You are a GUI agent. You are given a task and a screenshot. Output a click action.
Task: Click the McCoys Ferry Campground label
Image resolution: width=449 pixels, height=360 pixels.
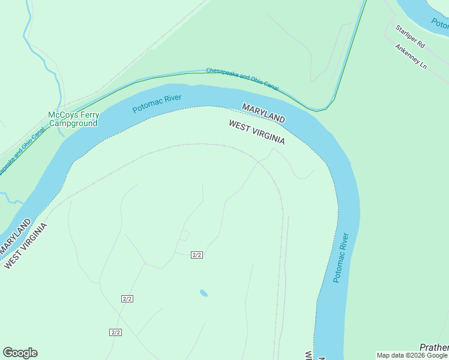point(73,119)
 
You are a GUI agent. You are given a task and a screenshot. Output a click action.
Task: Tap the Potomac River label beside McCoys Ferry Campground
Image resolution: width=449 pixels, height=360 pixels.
point(157,103)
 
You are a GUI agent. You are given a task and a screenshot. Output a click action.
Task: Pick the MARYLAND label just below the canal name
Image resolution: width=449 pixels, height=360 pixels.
point(263,113)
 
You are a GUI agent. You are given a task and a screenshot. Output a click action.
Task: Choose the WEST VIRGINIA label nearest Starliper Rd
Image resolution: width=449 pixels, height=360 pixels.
point(256,131)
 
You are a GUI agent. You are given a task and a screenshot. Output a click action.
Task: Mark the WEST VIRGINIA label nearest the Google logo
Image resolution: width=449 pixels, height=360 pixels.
point(25,247)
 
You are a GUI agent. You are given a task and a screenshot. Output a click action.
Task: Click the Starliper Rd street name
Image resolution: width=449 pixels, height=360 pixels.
point(410,36)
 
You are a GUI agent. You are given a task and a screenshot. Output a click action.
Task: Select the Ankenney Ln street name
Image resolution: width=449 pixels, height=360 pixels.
point(410,55)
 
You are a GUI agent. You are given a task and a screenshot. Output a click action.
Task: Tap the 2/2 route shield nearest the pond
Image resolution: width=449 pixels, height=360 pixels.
point(197,255)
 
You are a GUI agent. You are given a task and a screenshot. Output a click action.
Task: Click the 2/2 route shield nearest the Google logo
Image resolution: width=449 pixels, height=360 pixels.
point(116,332)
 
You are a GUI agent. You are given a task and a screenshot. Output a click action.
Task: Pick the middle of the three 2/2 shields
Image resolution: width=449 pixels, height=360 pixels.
point(127,298)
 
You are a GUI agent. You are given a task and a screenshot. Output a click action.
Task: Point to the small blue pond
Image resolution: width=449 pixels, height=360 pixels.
point(203,293)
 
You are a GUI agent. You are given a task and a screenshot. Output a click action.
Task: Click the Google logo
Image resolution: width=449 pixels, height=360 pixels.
point(20,353)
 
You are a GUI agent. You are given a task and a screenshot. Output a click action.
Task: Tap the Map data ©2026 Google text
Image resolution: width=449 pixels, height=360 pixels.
point(412,355)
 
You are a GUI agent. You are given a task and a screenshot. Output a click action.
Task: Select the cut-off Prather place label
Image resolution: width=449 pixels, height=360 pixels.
point(434,347)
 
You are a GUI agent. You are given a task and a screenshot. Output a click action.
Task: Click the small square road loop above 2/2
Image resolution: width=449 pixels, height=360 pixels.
point(184,235)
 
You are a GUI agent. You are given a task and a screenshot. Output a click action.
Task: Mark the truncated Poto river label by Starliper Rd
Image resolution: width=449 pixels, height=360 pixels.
point(439,24)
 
